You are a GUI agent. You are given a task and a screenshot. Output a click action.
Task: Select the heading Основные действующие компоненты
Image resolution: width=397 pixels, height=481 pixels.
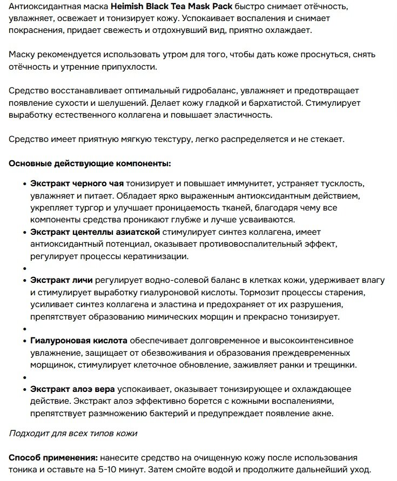point(90,163)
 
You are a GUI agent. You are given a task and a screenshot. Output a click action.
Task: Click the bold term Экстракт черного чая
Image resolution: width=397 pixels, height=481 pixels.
point(77,184)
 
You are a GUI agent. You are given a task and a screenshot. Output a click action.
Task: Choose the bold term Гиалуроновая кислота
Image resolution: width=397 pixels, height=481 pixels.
point(79,341)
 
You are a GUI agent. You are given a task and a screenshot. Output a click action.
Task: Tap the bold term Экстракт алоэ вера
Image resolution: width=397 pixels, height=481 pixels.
point(73,389)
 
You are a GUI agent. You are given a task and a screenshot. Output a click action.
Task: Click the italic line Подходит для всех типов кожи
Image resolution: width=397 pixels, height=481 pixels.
point(73,433)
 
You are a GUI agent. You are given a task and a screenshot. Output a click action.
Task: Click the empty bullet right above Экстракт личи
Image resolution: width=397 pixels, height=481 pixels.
point(25,268)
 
